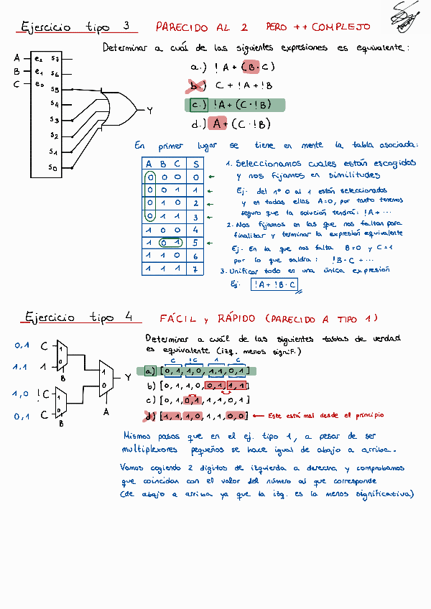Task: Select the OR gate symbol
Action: [120, 108]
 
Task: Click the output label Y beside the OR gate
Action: [149, 111]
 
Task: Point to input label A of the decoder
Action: [17, 58]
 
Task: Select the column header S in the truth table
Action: [195, 163]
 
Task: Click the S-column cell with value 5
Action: [195, 243]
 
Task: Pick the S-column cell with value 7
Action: [195, 269]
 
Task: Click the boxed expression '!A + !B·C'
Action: [274, 284]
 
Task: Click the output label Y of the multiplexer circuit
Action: [127, 376]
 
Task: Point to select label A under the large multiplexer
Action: [107, 412]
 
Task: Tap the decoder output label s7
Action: [55, 58]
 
